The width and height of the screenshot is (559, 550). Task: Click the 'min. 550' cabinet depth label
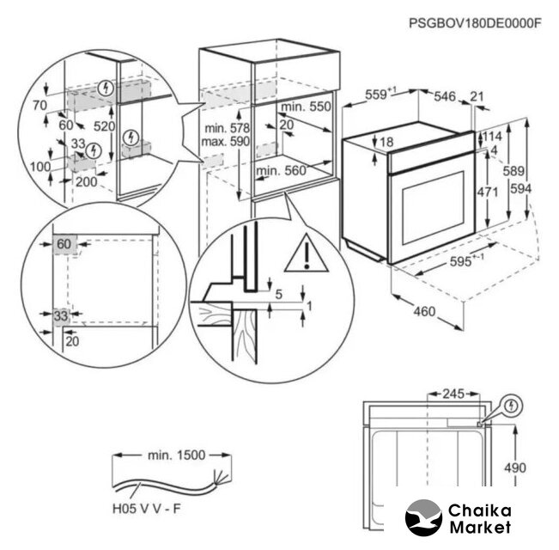[307, 107]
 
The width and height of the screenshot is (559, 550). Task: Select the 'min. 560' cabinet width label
[282, 171]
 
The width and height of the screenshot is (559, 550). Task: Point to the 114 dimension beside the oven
[492, 137]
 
